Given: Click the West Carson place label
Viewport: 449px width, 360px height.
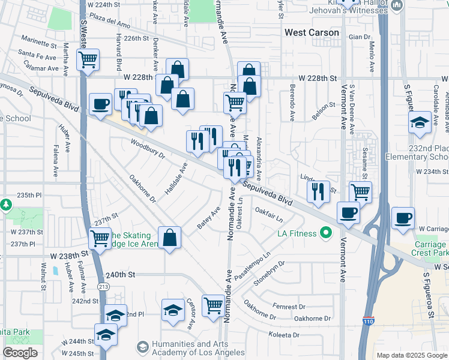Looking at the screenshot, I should pyautogui.click(x=312, y=32).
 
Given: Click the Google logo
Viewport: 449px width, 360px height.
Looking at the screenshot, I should pyautogui.click(x=20, y=353).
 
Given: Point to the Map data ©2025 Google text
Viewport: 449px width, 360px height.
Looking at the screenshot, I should pyautogui.click(x=411, y=355).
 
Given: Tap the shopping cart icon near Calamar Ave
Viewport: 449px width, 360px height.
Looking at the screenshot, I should pyautogui.click(x=88, y=60).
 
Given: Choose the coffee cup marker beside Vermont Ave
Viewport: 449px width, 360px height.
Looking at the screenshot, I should pyautogui.click(x=348, y=212).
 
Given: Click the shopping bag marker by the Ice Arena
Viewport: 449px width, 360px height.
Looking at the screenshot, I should pyautogui.click(x=170, y=237).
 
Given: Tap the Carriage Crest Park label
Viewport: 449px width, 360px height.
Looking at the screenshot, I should pyautogui.click(x=430, y=249).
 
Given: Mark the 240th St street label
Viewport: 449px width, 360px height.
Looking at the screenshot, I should pyautogui.click(x=118, y=274).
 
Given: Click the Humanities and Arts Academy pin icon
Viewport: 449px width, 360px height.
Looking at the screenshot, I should pyautogui.click(x=142, y=347).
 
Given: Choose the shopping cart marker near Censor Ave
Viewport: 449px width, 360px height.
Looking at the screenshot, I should pyautogui.click(x=213, y=305).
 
